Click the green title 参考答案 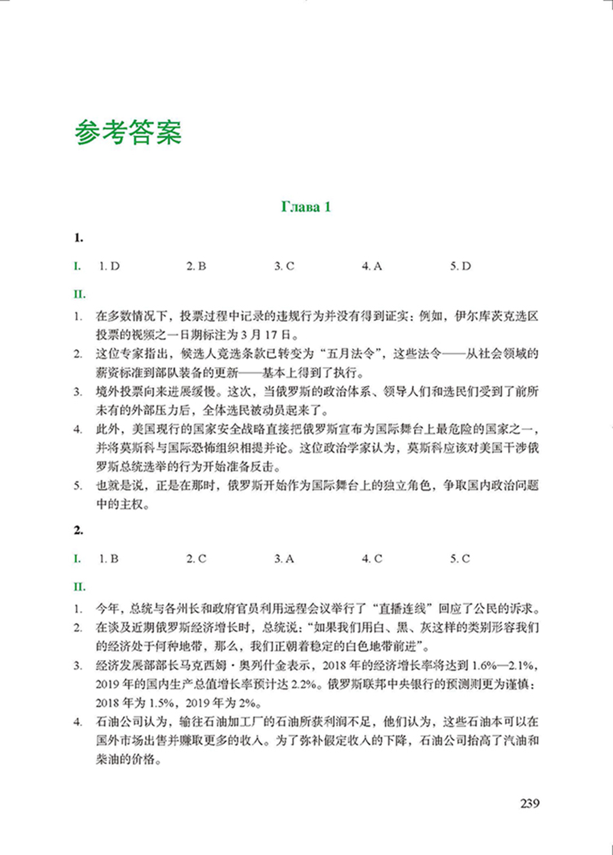coord(129,132)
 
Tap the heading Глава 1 coord(306,207)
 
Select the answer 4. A coord(372,267)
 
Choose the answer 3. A coord(284,558)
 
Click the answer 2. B coord(196,267)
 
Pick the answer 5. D coord(460,267)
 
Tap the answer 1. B coord(109,558)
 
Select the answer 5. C coord(460,558)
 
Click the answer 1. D coord(109,267)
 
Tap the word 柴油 coord(111,758)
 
